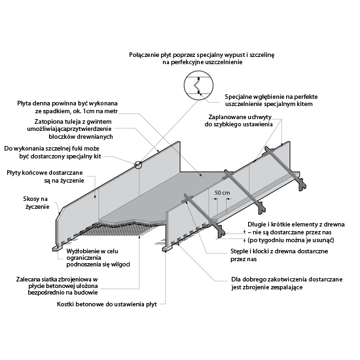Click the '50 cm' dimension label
tap(222, 193)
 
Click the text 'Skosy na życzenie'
tap(36, 203)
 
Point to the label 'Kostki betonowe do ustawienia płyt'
tap(107, 304)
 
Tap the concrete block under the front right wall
tap(167, 249)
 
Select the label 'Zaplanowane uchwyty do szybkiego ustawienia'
tap(238, 120)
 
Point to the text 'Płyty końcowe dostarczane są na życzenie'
tap(45, 176)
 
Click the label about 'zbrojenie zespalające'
tap(287, 283)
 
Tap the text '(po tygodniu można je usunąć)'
tap(291, 240)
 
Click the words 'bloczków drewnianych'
tap(81, 137)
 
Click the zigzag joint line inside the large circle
tap(196, 85)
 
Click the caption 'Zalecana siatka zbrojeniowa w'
tap(57, 279)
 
